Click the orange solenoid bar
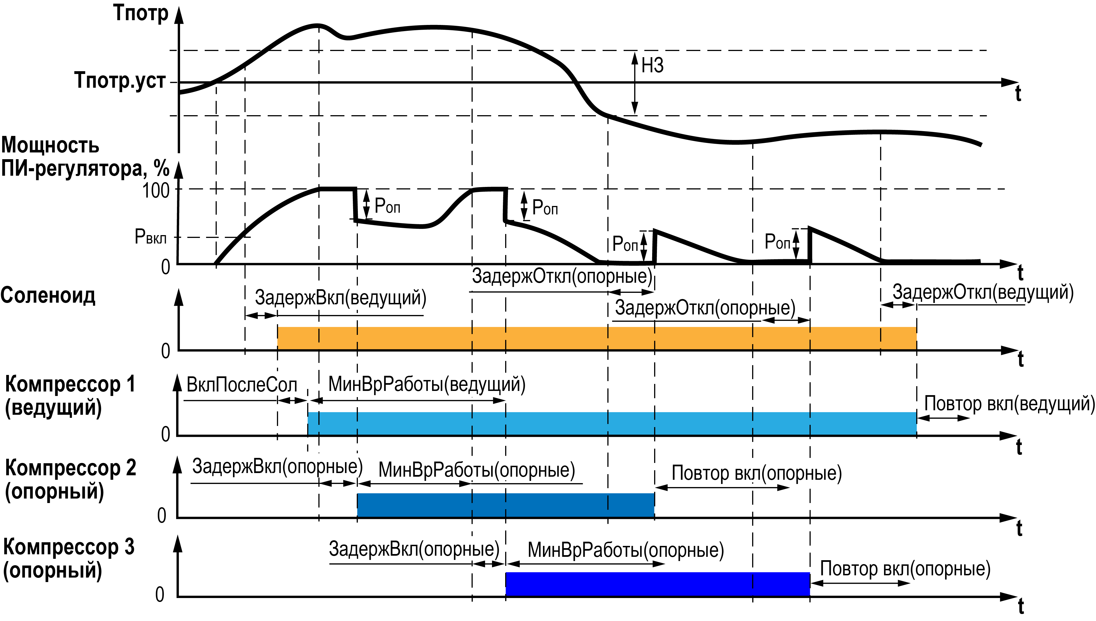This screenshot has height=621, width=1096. click(596, 338)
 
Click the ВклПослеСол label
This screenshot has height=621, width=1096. click(242, 385)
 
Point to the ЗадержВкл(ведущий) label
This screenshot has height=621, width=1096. click(341, 298)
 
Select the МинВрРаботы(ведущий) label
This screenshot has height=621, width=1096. click(426, 384)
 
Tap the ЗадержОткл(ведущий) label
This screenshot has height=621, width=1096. click(983, 293)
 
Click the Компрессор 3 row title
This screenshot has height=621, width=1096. click(68, 559)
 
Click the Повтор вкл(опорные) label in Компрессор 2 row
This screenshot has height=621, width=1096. click(756, 473)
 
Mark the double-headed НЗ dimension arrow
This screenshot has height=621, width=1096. click(635, 83)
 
